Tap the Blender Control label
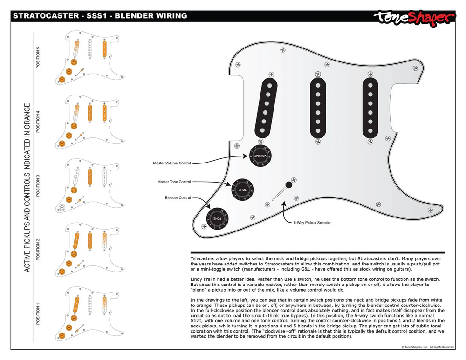click(x=178, y=198)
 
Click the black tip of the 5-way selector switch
click(x=289, y=185)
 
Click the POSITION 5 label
click(x=38, y=58)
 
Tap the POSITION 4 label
click(x=38, y=121)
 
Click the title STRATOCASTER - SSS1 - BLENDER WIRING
click(x=100, y=16)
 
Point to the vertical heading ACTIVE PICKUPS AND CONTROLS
click(x=27, y=188)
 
